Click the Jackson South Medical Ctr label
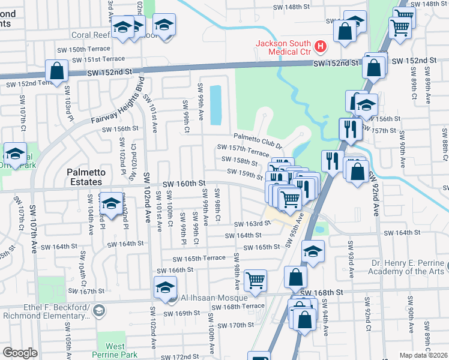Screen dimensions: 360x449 (x=283, y=47)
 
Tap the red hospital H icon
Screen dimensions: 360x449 (x=320, y=46)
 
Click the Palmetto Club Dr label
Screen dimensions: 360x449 (x=258, y=137)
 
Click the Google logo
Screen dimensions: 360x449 (x=20, y=353)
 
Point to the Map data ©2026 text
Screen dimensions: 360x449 (x=423, y=355)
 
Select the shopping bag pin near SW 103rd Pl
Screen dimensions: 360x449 (x=56, y=71)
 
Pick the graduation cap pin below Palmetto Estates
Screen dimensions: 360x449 (x=111, y=203)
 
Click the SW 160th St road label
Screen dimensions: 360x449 (x=184, y=183)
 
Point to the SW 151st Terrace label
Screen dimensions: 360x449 (x=98, y=59)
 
